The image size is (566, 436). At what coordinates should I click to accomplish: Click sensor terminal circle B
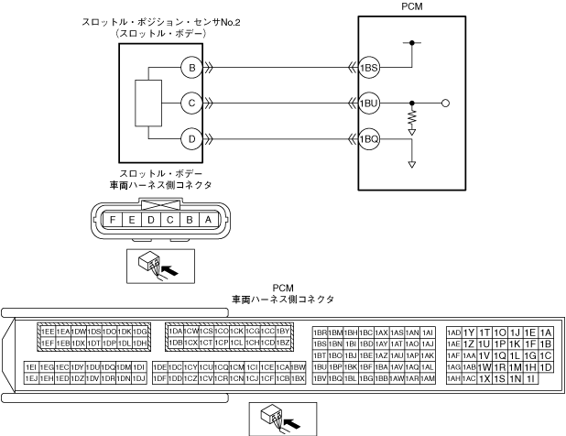(x=192, y=67)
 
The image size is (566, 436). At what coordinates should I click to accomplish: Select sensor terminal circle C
(x=192, y=104)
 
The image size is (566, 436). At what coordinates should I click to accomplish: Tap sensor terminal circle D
(x=192, y=140)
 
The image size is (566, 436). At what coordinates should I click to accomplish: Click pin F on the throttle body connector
(x=111, y=220)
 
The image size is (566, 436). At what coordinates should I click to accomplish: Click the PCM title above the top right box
(x=413, y=5)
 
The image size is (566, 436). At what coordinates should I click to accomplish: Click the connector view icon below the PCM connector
(x=279, y=416)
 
